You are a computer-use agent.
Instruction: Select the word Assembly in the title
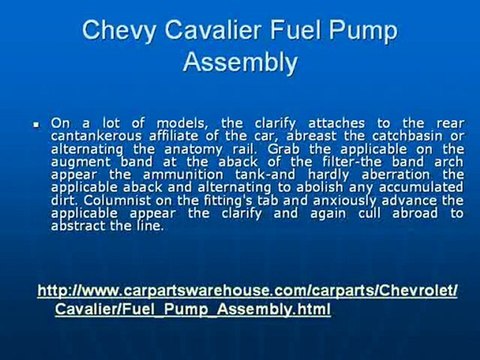(240, 62)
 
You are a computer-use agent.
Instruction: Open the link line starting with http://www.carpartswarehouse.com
(247, 291)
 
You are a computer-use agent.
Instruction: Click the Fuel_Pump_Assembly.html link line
(192, 310)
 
